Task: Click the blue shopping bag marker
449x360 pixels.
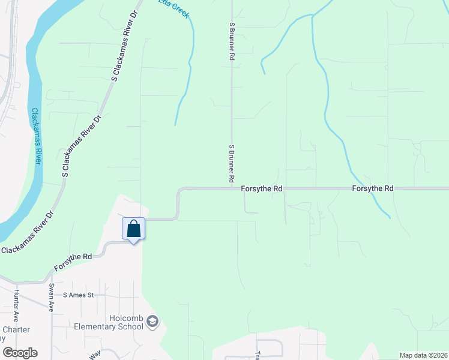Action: (133, 229)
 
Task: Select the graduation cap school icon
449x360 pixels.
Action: (153, 322)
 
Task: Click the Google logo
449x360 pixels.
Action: (20, 353)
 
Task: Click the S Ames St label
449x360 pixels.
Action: (79, 295)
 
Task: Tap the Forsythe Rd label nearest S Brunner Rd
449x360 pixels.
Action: (262, 188)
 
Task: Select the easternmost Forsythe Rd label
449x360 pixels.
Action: (373, 188)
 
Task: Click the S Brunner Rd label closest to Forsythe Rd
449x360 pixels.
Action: (231, 163)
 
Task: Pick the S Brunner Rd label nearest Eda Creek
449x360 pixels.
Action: (231, 41)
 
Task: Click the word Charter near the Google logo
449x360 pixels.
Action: (13, 329)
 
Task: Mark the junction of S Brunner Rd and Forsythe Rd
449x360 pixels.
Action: (232, 188)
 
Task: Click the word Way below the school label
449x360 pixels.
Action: (95, 355)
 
